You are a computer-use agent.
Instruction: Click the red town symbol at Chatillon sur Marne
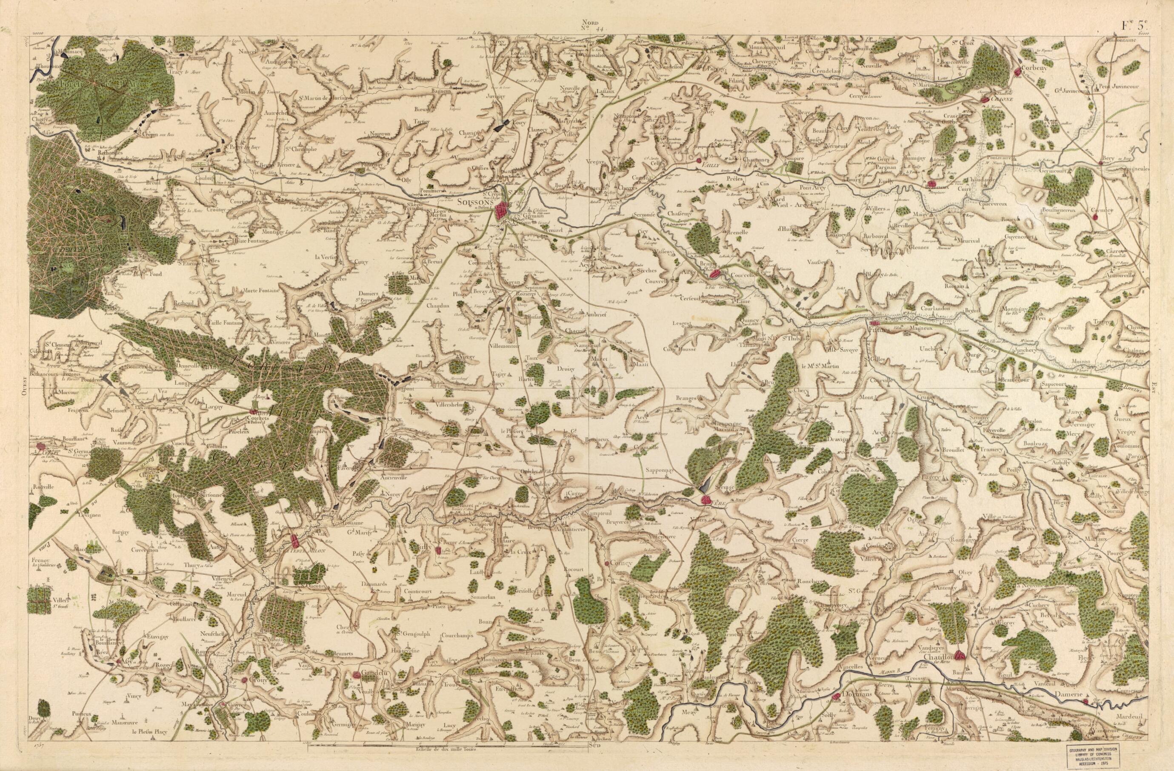click(x=960, y=656)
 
